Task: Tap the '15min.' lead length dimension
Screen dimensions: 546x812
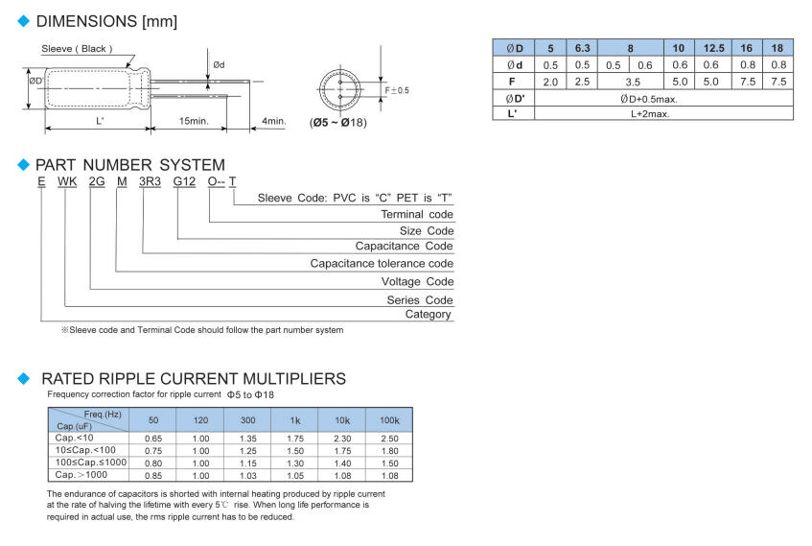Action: point(193,122)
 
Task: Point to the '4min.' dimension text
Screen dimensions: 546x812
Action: point(273,122)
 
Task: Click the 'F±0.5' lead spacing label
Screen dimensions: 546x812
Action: point(397,90)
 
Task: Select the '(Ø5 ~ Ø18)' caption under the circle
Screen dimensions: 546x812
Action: point(337,122)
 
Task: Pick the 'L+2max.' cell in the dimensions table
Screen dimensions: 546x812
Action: point(662,113)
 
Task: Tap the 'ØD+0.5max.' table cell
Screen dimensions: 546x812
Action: point(662,98)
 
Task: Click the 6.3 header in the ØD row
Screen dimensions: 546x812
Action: point(583,48)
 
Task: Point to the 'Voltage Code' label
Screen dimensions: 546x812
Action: point(417,281)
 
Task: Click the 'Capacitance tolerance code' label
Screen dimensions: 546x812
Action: point(382,263)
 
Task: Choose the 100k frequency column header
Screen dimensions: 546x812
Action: point(389,421)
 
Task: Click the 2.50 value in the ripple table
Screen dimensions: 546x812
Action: point(389,438)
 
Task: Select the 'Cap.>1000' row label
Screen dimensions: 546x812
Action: point(79,474)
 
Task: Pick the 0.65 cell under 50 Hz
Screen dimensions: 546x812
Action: point(153,438)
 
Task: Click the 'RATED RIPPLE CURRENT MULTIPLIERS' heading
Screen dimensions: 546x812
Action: point(194,379)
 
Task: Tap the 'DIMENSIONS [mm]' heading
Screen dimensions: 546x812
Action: point(106,20)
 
